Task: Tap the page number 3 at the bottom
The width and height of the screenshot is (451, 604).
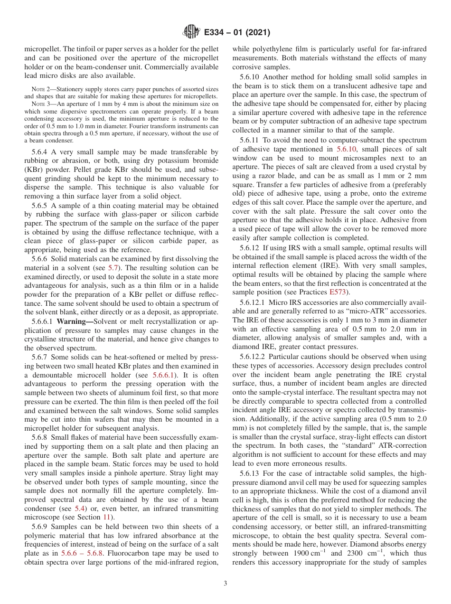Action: (x=225, y=584)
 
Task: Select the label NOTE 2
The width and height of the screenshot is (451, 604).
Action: (x=39, y=89)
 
